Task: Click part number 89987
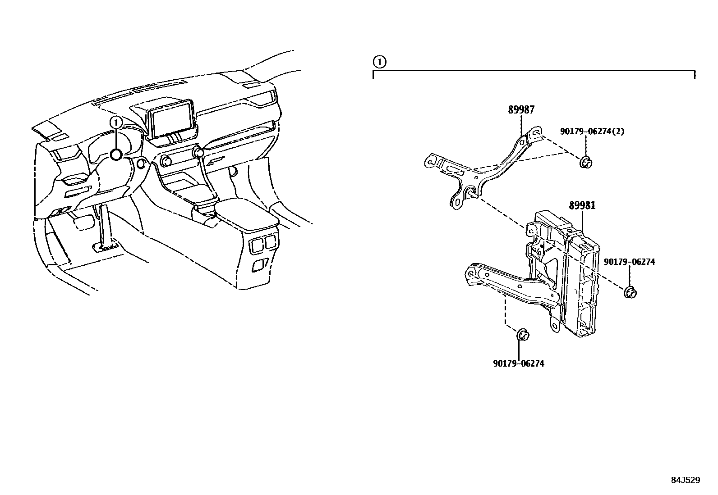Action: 521,109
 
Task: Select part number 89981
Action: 582,205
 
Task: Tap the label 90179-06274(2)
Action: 592,132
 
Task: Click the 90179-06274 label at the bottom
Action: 518,363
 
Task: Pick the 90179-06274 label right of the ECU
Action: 629,262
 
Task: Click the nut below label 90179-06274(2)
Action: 585,162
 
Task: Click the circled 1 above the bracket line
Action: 379,62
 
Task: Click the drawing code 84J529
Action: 685,480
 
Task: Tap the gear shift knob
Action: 198,152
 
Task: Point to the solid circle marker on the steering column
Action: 116,155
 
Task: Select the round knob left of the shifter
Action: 166,160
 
